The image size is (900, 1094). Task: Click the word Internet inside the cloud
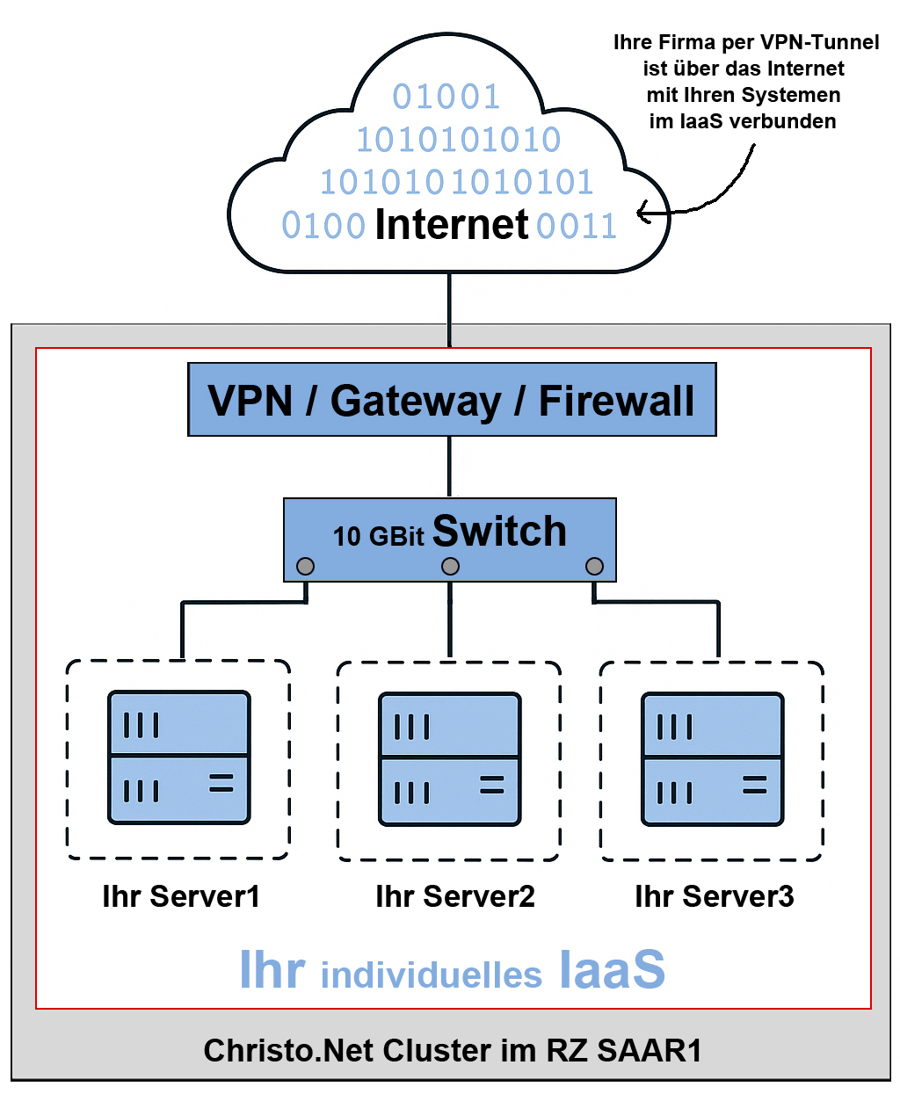[x=451, y=224]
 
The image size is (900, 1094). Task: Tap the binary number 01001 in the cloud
[x=446, y=97]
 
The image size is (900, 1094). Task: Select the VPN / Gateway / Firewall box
[x=452, y=400]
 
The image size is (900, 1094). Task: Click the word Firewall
[x=616, y=401]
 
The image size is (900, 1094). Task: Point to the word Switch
[x=499, y=531]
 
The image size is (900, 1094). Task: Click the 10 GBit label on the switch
[x=378, y=536]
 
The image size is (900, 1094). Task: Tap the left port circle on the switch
[x=305, y=566]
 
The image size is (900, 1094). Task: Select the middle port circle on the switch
[x=450, y=566]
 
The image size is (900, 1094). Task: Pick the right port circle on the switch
[x=594, y=566]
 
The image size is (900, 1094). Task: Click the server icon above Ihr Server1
[x=179, y=757]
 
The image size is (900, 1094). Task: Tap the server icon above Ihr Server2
[x=450, y=759]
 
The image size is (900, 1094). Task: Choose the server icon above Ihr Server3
[x=712, y=759]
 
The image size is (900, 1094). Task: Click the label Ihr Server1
[x=181, y=896]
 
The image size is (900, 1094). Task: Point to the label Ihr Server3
[x=714, y=896]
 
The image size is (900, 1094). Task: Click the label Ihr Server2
[x=454, y=896]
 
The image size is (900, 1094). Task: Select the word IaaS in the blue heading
[x=612, y=970]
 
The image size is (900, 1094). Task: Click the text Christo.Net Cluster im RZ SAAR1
[x=453, y=1050]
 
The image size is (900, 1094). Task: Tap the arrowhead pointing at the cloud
[x=642, y=212]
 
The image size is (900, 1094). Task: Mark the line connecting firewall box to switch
[x=450, y=467]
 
